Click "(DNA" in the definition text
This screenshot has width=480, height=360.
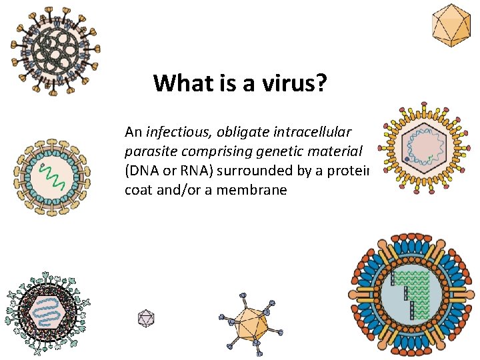pyautogui.click(x=140, y=171)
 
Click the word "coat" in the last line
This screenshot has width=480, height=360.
pyautogui.click(x=138, y=190)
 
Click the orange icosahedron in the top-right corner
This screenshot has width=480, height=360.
pyautogui.click(x=450, y=25)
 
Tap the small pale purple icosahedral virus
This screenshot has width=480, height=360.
pyautogui.click(x=146, y=318)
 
